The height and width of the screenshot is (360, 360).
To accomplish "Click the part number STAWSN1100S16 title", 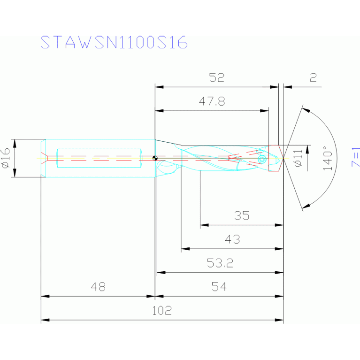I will [114, 42].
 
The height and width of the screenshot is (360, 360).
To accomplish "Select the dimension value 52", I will [217, 78].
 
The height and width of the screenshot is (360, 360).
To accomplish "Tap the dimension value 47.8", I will [212, 102].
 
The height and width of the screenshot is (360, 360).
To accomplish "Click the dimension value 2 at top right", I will [313, 78].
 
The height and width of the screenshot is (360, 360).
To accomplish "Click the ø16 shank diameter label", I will [6, 158].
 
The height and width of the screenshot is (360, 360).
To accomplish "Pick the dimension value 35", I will [242, 216].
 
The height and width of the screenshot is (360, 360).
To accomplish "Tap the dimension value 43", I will [232, 239].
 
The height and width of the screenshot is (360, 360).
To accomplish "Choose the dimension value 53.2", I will [220, 263].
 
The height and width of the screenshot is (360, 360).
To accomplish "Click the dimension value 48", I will [98, 286].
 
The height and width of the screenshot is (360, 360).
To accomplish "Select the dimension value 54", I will [219, 286].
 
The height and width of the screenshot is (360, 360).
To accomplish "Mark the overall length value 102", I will [162, 310].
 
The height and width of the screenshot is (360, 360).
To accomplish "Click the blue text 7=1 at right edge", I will [355, 157].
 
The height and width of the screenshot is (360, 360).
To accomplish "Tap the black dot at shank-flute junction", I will [154, 158].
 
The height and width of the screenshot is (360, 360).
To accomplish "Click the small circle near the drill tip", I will [262, 159].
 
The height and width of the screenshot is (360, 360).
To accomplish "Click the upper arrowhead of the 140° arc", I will [306, 110].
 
